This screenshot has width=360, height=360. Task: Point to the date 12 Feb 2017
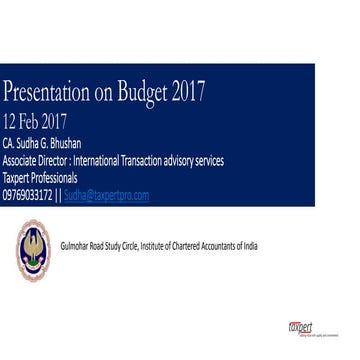[35, 122]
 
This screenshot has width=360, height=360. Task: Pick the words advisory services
[197, 160]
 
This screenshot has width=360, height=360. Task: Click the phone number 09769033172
[27, 195]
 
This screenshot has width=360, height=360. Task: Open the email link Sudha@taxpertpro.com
[106, 195]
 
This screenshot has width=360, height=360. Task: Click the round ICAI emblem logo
[32, 248]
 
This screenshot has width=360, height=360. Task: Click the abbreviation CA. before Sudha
[9, 144]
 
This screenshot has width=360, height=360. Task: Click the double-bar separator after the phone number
[58, 195]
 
